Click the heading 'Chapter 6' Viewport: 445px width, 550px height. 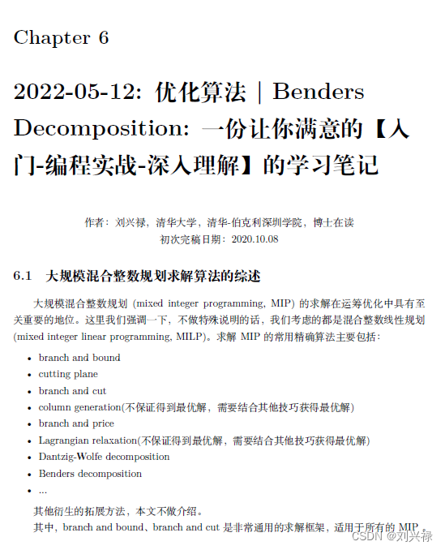pos(61,37)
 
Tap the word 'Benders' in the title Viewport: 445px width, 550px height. pos(319,92)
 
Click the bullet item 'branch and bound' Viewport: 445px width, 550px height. pos(79,358)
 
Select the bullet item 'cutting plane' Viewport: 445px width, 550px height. pos(68,374)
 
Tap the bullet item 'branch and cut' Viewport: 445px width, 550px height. pos(72,391)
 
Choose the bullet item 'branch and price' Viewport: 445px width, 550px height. pos(76,423)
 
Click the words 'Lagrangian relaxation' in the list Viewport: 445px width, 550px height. pos(88,440)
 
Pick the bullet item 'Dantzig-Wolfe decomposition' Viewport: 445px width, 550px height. pos(104,457)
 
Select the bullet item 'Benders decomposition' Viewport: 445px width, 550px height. pos(90,474)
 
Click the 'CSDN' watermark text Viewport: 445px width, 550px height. pos(368,535)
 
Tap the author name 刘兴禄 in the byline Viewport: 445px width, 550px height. pos(131,222)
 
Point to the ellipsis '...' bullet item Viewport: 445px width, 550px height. pos(43,490)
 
